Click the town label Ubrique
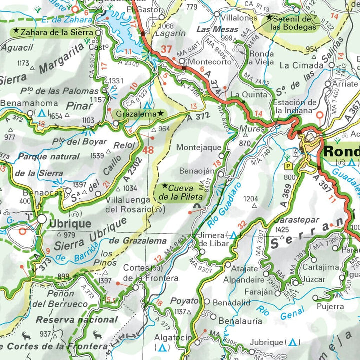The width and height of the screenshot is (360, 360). click(70, 223)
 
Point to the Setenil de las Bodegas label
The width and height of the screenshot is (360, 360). click(293, 22)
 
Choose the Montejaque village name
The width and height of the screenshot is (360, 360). click(198, 148)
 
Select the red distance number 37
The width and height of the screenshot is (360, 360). click(166, 50)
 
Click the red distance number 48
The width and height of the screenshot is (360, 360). click(148, 150)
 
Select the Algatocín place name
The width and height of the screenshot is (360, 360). click(172, 338)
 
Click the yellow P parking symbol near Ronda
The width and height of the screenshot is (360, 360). click(288, 165)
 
